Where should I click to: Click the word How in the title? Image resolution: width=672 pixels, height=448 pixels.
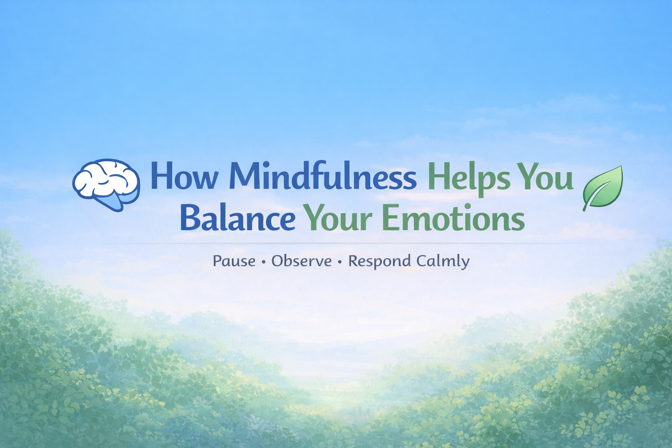184,177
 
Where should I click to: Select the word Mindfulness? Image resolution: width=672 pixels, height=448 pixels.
323,177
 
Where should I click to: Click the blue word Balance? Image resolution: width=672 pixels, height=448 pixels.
238,218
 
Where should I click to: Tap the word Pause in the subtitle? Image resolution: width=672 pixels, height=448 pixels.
234,261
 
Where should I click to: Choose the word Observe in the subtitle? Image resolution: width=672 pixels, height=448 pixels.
301,261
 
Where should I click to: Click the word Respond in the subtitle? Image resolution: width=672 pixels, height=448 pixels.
379,262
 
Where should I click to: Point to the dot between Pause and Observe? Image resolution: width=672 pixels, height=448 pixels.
263,262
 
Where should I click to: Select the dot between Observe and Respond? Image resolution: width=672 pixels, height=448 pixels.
340,262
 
